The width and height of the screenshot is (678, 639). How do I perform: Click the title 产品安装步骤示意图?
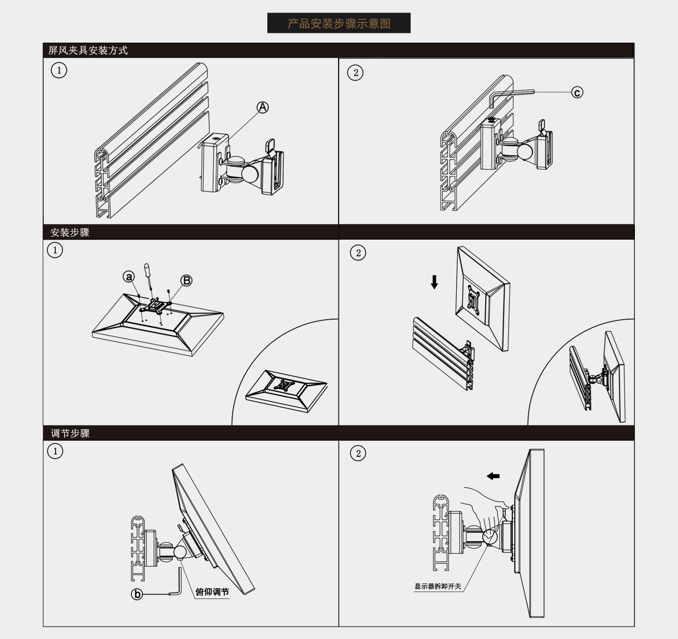(339, 24)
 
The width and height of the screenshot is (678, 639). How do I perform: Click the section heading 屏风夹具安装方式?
(88, 50)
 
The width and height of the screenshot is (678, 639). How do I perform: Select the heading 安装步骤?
(70, 232)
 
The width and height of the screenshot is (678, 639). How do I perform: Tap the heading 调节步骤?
(70, 433)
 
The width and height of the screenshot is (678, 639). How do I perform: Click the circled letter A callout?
(262, 107)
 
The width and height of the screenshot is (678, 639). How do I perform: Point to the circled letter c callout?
(577, 92)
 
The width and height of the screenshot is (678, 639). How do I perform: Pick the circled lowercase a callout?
(129, 276)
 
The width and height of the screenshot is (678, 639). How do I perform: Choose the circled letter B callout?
(186, 281)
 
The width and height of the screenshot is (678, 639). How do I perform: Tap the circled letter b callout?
(137, 594)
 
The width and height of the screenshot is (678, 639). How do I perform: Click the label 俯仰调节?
(212, 592)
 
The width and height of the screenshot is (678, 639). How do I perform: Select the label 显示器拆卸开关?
(438, 586)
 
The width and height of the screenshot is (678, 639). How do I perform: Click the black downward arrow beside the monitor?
(434, 282)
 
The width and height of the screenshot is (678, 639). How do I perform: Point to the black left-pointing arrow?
(493, 476)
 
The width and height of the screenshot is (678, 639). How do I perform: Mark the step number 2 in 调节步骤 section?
(358, 453)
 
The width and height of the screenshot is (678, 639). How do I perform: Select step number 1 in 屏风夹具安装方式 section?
(59, 70)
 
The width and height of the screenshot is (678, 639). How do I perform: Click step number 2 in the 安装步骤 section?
(358, 253)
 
